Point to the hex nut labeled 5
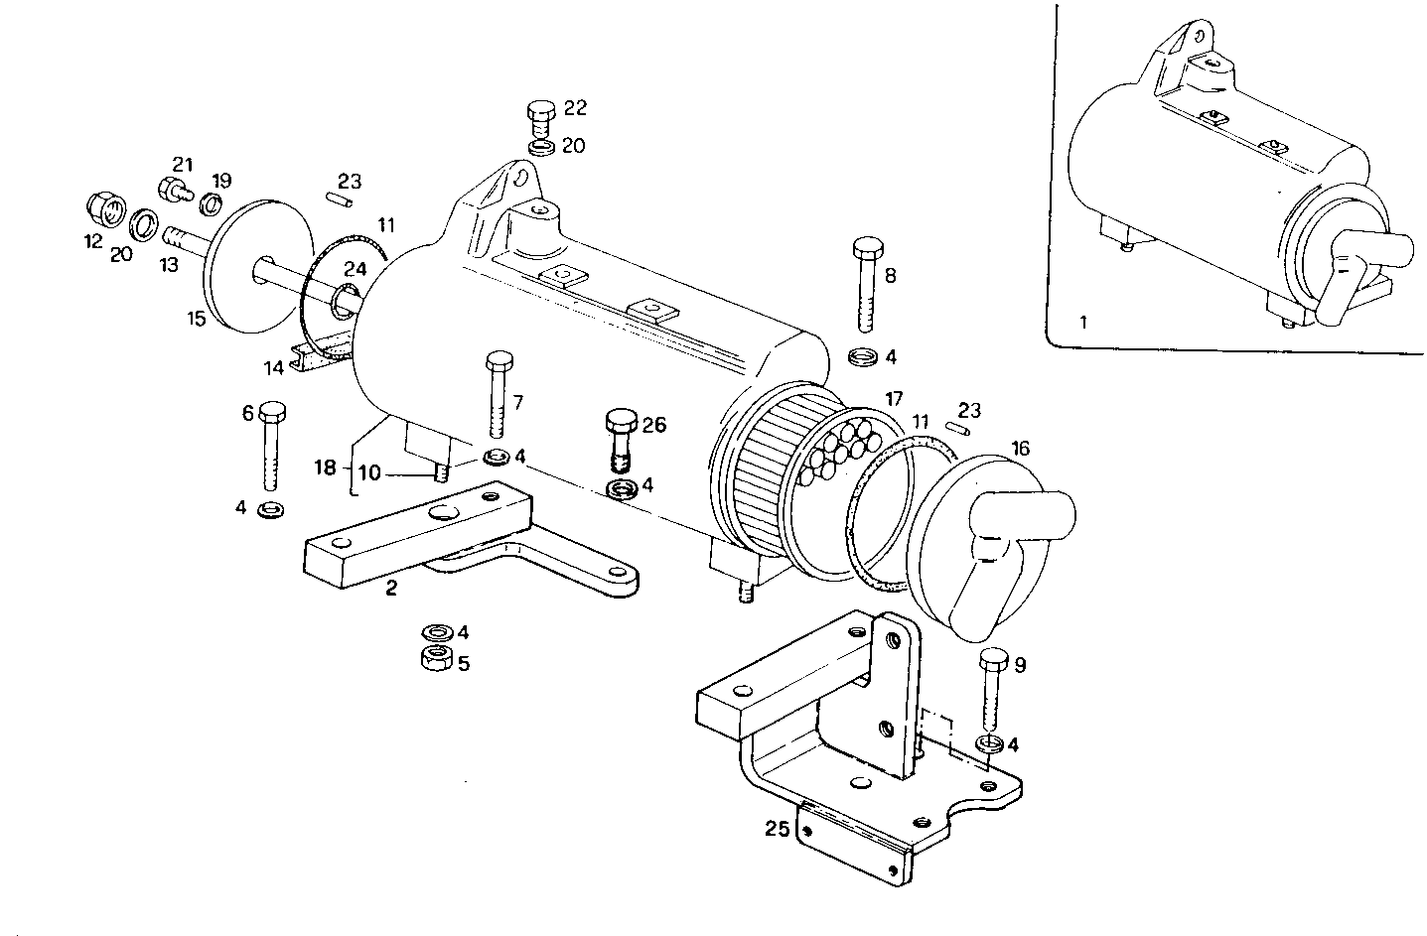point(434,658)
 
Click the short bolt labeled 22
point(541,118)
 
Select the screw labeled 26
point(620,437)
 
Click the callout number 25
point(777,828)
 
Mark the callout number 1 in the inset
point(1083,322)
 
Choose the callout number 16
point(1021,449)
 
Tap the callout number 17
point(894,399)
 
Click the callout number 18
point(326,467)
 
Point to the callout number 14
point(274,368)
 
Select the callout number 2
point(391,589)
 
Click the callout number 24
point(356,269)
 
